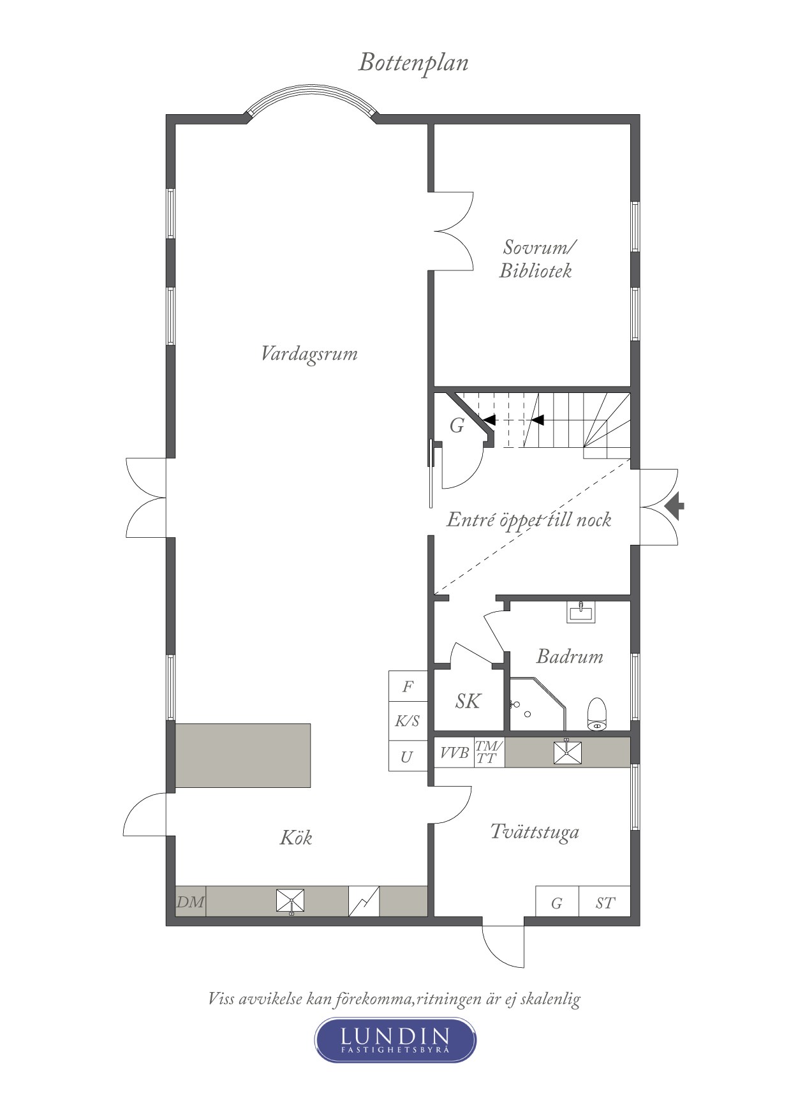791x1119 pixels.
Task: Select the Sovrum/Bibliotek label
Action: click(x=536, y=258)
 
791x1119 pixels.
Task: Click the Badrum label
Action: click(x=570, y=656)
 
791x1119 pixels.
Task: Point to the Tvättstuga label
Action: click(x=535, y=832)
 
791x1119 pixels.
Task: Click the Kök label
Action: click(x=296, y=838)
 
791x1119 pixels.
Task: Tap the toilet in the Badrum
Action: click(x=597, y=714)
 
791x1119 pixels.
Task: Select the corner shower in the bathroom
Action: click(x=538, y=704)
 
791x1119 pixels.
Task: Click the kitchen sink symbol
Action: click(x=290, y=901)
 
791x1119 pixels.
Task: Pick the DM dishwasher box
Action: click(x=190, y=902)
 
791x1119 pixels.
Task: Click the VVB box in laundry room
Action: click(x=454, y=753)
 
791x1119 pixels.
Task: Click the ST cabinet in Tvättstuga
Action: click(x=605, y=903)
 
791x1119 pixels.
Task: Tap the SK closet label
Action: click(x=468, y=702)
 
